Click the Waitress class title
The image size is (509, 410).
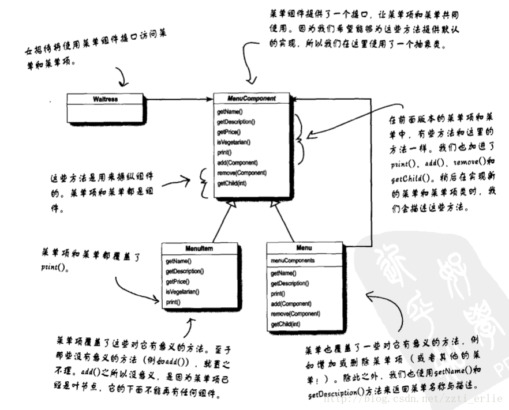(104, 99)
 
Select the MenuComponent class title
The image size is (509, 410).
(252, 99)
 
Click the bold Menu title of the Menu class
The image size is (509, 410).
(304, 248)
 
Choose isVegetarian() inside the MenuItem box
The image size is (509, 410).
(182, 292)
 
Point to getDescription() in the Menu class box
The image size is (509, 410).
(290, 283)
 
